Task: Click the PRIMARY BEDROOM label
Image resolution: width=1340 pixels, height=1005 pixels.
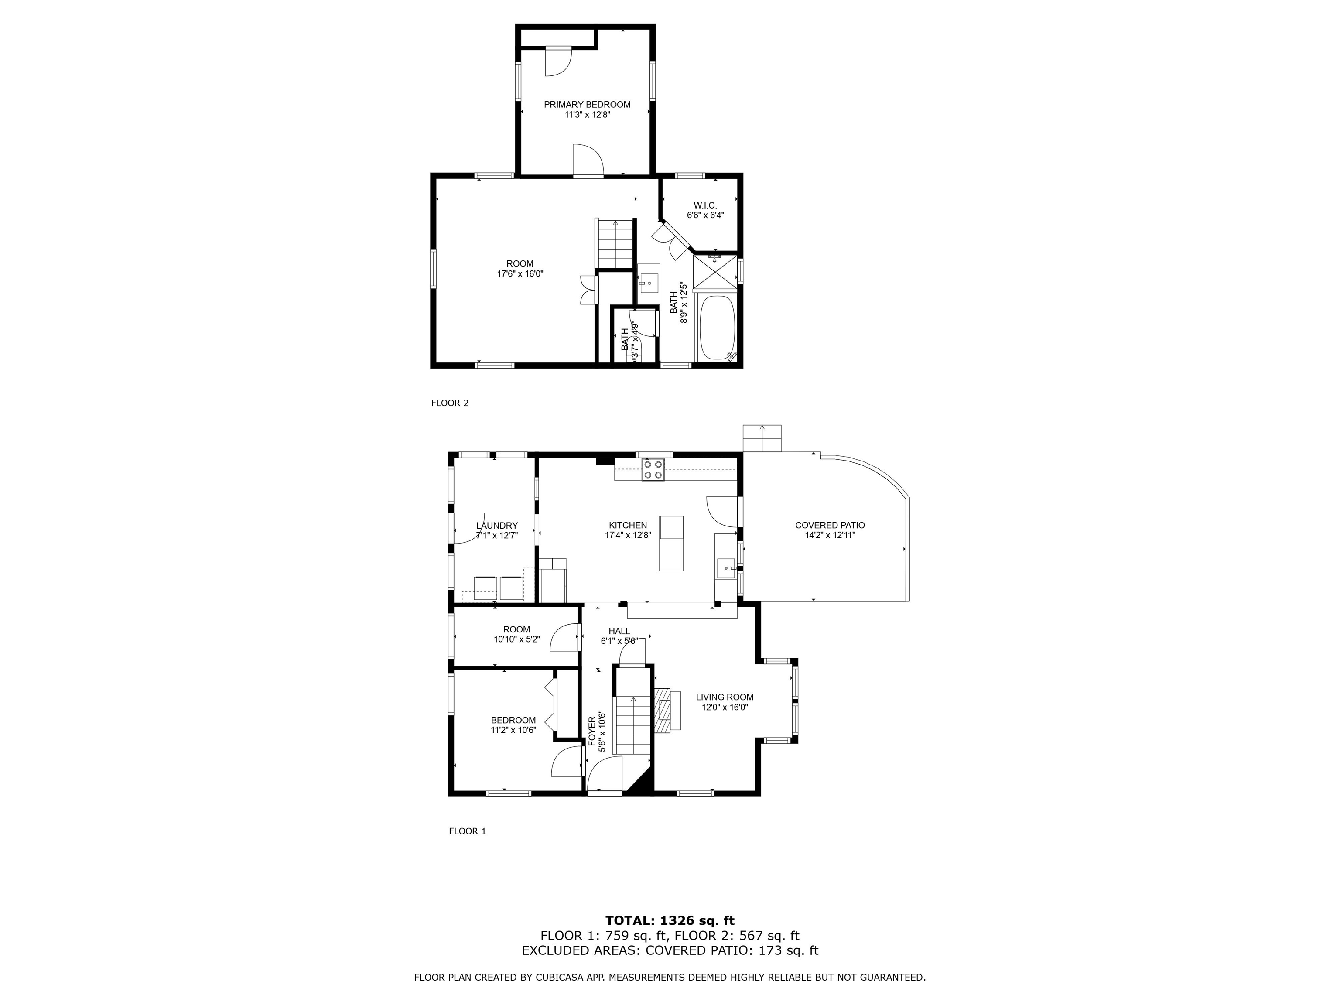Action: pyautogui.click(x=586, y=104)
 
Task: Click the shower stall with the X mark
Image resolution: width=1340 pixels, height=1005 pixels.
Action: pyautogui.click(x=715, y=273)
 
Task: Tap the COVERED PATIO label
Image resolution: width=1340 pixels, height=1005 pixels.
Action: pyautogui.click(x=829, y=525)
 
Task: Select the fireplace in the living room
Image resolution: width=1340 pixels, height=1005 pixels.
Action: pyautogui.click(x=666, y=710)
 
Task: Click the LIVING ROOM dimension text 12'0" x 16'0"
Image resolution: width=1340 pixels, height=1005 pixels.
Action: pyautogui.click(x=725, y=707)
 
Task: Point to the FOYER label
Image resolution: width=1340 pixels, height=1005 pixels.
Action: pyautogui.click(x=592, y=731)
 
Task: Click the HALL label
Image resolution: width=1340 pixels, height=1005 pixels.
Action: pyautogui.click(x=619, y=631)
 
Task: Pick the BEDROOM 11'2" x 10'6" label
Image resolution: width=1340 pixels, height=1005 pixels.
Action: pyautogui.click(x=513, y=720)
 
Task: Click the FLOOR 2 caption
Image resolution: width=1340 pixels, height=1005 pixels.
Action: pyautogui.click(x=449, y=403)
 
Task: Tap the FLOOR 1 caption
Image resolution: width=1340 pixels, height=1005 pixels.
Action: pyautogui.click(x=467, y=831)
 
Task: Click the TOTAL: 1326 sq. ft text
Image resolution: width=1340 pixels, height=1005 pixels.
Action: pyautogui.click(x=670, y=921)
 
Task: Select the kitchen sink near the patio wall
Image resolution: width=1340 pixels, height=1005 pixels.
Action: pyautogui.click(x=726, y=569)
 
